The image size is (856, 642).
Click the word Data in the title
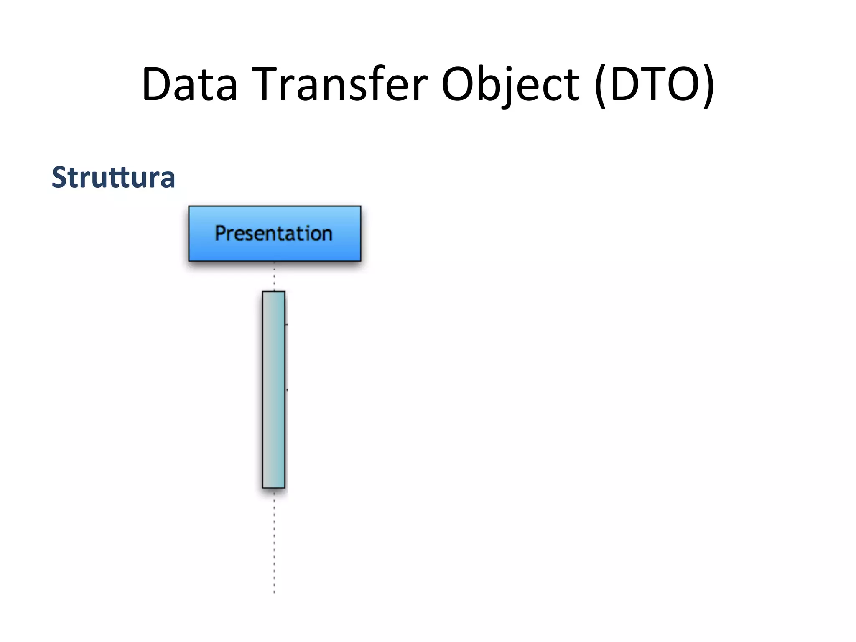coord(190,84)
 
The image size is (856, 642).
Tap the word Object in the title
coord(510,84)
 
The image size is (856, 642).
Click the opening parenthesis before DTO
coord(600,86)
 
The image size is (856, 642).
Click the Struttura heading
coord(113,177)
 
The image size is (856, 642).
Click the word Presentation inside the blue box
coord(274,233)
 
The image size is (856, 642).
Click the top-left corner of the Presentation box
coord(189,206)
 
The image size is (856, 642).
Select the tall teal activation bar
coord(274,389)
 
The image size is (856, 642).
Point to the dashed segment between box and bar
coord(274,276)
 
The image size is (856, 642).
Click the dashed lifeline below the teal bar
coord(274,543)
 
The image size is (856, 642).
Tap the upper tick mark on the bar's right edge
coord(286,324)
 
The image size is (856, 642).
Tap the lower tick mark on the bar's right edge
coord(286,390)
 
